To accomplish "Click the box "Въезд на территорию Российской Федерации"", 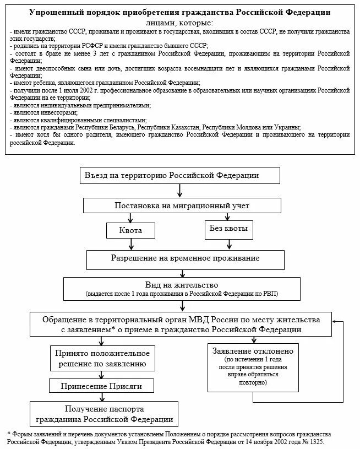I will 180,176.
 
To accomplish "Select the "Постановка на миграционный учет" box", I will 181,205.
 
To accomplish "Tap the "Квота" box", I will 131,230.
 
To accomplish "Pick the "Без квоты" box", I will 228,228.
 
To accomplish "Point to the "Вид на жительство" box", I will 181,288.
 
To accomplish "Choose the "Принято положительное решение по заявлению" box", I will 100,358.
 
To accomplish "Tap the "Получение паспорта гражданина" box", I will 105,414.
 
